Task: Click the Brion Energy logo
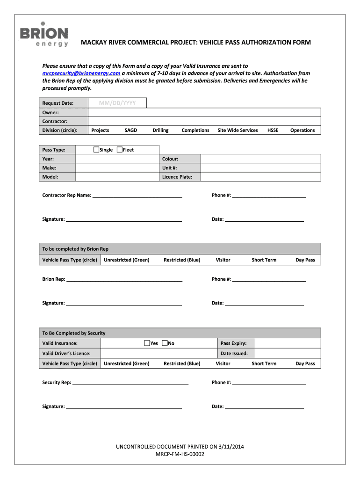[x=44, y=35]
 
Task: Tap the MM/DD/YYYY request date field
[x=117, y=103]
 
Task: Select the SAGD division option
[x=130, y=130]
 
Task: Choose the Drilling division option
[x=160, y=130]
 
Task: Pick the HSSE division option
[x=273, y=130]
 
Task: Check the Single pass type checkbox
[x=96, y=150]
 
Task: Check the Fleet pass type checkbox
[x=119, y=150]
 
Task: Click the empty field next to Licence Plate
[x=260, y=177]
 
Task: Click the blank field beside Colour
[x=260, y=159]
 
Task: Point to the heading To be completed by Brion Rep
[x=75, y=249]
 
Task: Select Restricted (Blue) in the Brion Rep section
[x=182, y=260]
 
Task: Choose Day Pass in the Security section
[x=305, y=363]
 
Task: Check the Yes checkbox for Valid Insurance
[x=147, y=343]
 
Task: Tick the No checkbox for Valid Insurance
[x=165, y=343]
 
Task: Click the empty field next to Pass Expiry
[x=288, y=343]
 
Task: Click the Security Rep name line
[x=130, y=383]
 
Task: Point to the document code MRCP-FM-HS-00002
[x=180, y=454]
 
